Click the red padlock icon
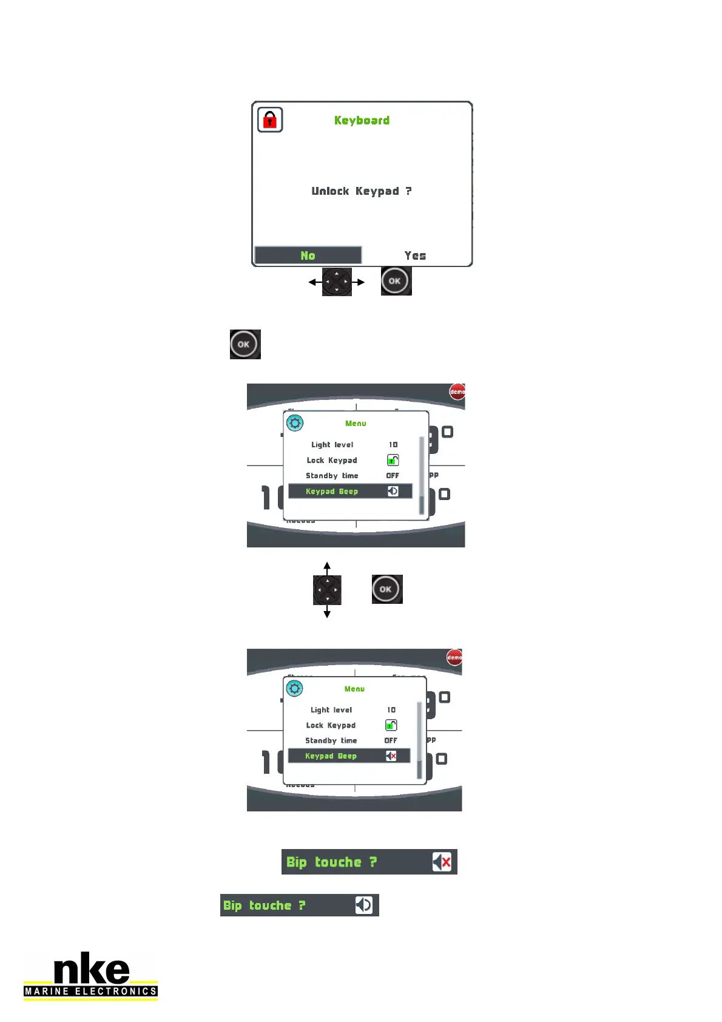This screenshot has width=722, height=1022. point(270,120)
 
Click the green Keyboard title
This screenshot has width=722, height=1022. point(362,120)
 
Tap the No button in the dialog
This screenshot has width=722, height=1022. point(308,255)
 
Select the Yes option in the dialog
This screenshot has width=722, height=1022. point(416,255)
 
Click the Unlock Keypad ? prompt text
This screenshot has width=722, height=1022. point(362,191)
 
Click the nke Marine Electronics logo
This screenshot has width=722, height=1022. point(91,976)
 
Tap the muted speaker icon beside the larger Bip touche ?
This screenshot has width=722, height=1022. point(442,862)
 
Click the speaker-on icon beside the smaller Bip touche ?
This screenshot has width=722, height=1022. point(363,905)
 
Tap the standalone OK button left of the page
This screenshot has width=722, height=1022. point(245,344)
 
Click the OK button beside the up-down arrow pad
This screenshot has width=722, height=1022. point(386,589)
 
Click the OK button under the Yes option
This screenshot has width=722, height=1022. point(396,281)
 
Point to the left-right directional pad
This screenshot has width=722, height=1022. point(337,282)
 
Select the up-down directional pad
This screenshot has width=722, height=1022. point(327,589)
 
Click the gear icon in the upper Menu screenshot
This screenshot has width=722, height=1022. point(295,423)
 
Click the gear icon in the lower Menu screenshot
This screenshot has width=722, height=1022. point(294,688)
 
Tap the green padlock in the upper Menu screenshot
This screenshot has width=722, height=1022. point(393,460)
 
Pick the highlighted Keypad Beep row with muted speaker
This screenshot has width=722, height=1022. point(349,756)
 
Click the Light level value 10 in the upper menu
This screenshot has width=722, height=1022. point(393,445)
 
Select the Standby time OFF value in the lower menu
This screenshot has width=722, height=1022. point(391,740)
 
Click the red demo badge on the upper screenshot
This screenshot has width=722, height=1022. point(457,392)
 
